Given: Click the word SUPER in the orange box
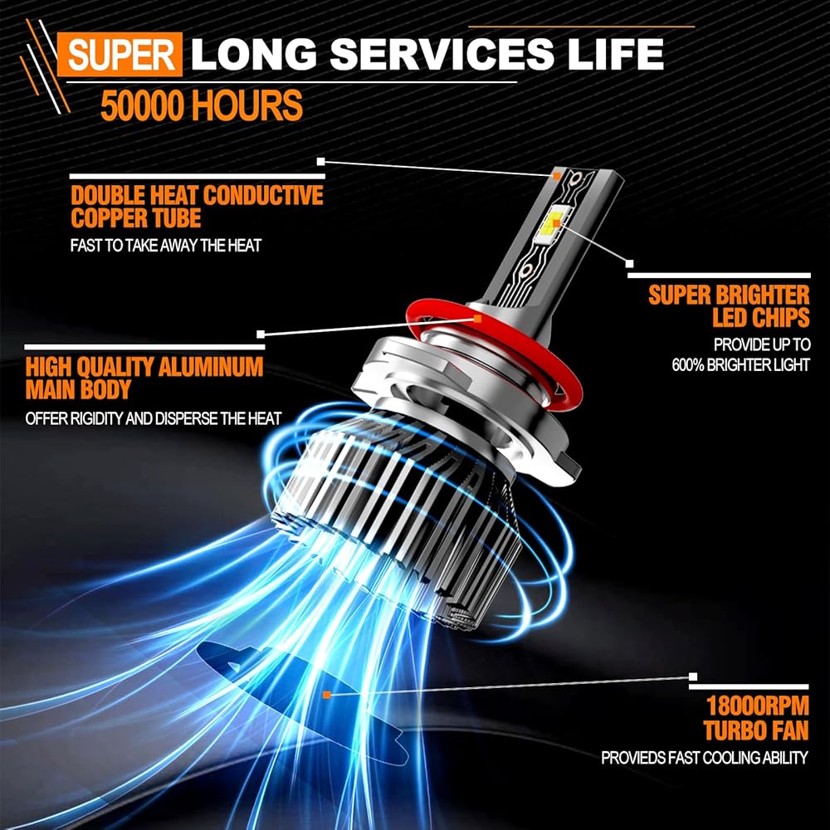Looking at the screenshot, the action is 121,55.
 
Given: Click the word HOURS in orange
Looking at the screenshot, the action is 247,105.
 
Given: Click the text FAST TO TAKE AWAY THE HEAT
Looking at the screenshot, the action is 166,246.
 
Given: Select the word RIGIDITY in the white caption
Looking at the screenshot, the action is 94,418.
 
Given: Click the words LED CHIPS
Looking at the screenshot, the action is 760,318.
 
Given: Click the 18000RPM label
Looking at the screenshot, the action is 758,706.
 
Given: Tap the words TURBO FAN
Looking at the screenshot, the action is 756,730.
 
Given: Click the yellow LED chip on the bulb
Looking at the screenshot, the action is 556,222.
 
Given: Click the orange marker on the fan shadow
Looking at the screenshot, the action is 326,695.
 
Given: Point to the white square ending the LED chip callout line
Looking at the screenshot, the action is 629,264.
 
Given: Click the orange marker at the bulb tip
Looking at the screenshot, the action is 556,174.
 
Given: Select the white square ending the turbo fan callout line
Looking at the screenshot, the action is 693,676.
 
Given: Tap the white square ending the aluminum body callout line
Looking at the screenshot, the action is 261,334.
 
